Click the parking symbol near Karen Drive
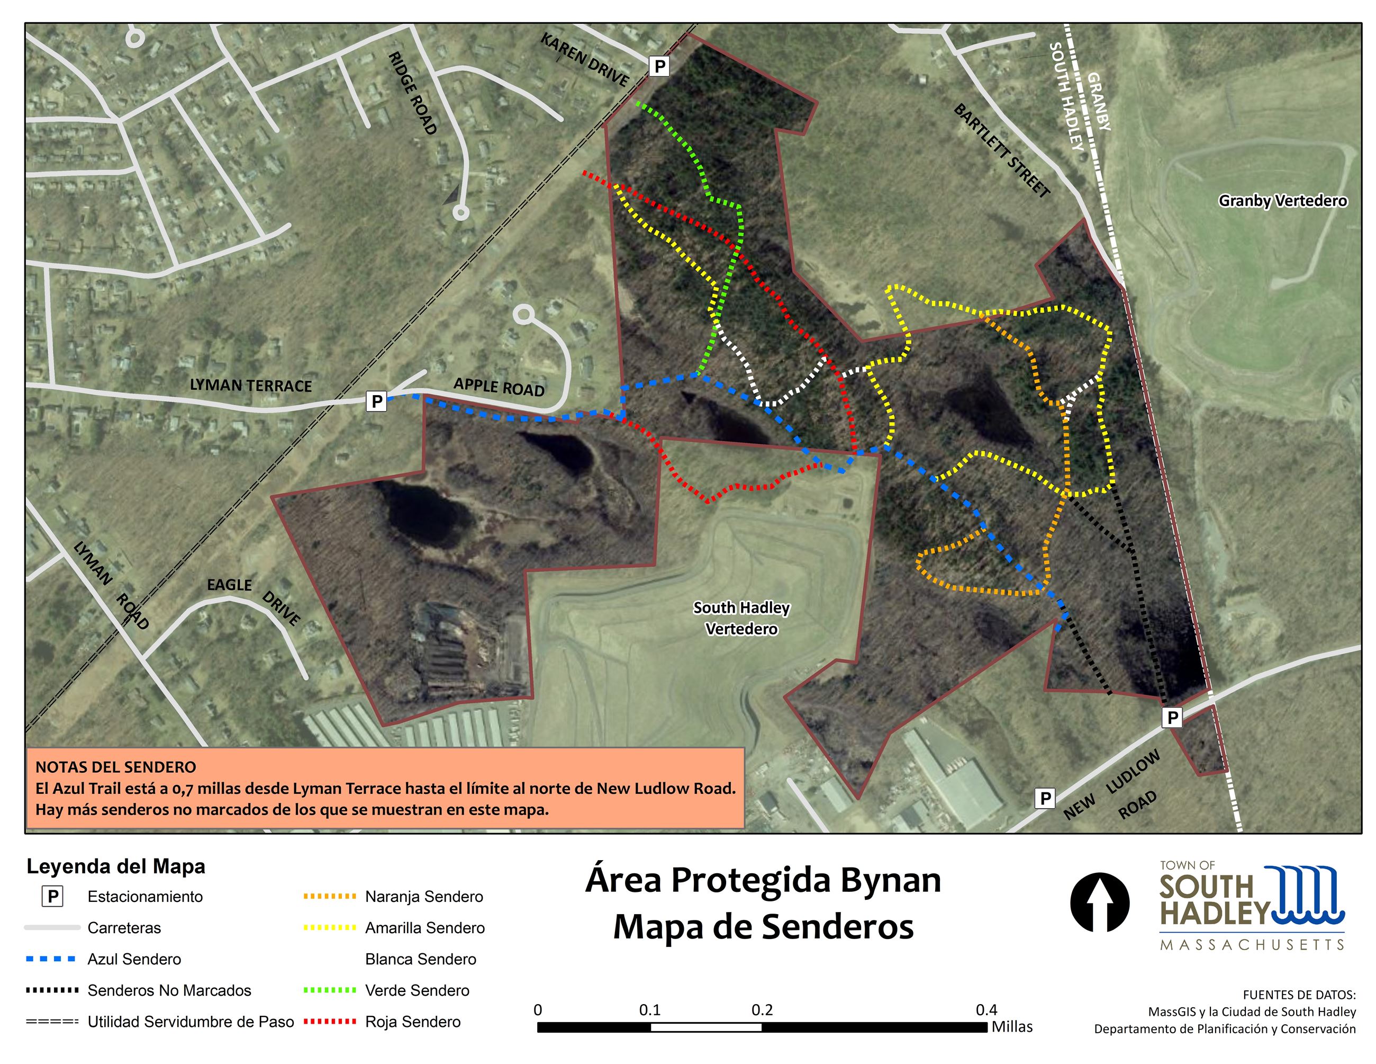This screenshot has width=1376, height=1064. pyautogui.click(x=659, y=66)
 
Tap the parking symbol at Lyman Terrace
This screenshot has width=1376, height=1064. pyautogui.click(x=377, y=401)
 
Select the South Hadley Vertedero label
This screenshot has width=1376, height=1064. pyautogui.click(x=741, y=618)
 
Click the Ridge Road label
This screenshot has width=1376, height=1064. pyautogui.click(x=413, y=93)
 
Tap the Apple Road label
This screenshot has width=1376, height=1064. pyautogui.click(x=499, y=387)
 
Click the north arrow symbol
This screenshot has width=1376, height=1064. pyautogui.click(x=1099, y=902)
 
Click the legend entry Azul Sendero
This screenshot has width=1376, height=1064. pyautogui.click(x=134, y=959)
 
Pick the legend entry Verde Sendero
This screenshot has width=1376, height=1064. pyautogui.click(x=417, y=990)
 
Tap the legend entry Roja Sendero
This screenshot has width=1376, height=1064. pyautogui.click(x=413, y=1021)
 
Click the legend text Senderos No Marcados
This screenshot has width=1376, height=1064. pyautogui.click(x=169, y=990)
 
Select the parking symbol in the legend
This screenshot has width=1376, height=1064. pyautogui.click(x=52, y=896)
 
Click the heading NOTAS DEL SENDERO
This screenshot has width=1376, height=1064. pyautogui.click(x=116, y=767)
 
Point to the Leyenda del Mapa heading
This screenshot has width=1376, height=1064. pyautogui.click(x=116, y=866)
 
